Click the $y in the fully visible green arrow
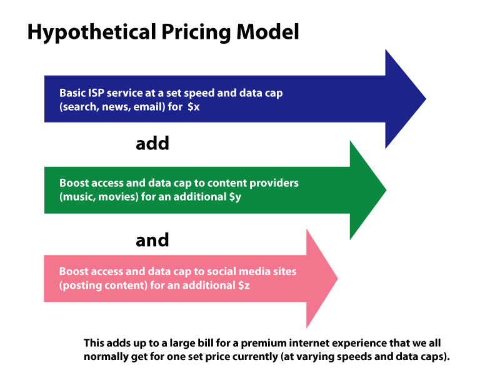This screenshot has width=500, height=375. pyautogui.click(x=235, y=197)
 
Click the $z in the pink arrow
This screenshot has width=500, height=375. pyautogui.click(x=244, y=285)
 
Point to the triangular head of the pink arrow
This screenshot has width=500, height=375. pyautogui.click(x=321, y=279)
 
